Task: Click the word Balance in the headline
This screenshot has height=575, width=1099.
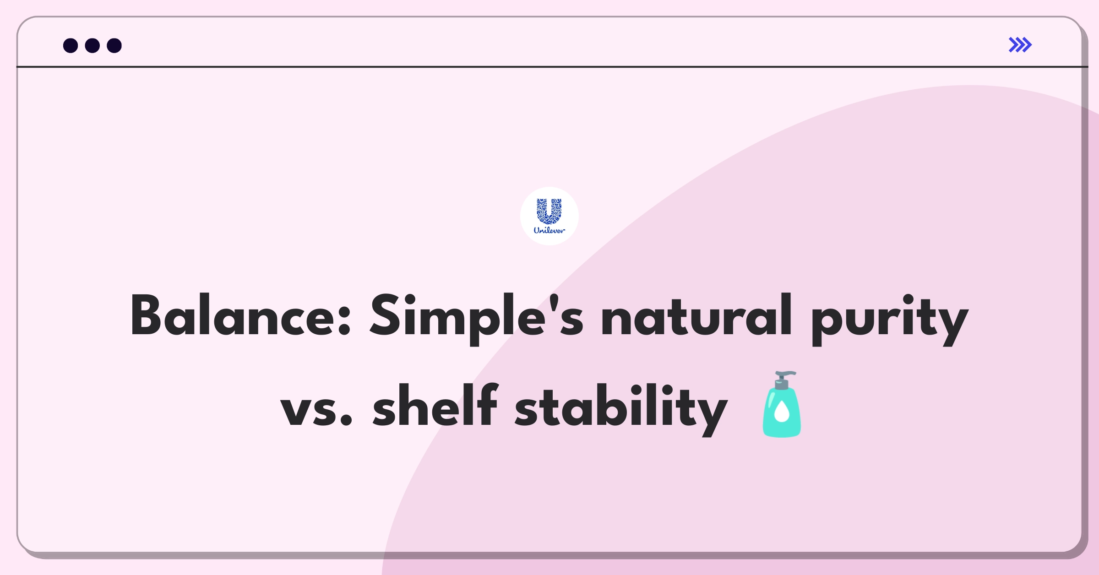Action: coord(235,316)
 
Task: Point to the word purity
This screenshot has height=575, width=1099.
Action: coord(889,320)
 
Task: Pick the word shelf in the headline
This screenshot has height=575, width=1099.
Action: coord(435,405)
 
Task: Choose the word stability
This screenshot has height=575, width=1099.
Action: coord(621,409)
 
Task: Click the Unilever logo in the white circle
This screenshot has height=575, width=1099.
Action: coord(549,216)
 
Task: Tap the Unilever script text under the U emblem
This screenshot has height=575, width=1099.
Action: coord(549,230)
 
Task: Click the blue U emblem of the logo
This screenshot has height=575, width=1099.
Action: coord(549,211)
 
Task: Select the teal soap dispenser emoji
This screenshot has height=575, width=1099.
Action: coord(782,404)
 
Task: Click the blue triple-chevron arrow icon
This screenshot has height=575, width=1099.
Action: coord(1020,45)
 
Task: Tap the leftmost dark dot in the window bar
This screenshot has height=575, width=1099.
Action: coord(71,45)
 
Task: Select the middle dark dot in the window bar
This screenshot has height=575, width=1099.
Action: coord(92,45)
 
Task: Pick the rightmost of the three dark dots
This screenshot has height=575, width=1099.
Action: coord(114,45)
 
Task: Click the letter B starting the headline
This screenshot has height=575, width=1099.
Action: coord(147,315)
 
